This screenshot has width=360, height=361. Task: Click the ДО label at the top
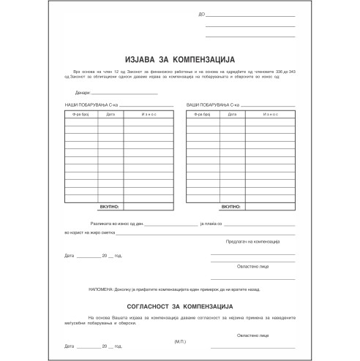coord(201,15)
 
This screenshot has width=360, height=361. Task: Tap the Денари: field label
coord(82,93)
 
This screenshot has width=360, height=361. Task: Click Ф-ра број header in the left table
coord(81,115)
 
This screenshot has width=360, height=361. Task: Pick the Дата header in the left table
coord(111,115)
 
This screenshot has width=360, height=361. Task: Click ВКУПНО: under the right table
coord(231,208)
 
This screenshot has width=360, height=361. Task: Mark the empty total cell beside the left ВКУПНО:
coord(148,208)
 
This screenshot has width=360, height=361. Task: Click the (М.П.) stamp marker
coord(180,341)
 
